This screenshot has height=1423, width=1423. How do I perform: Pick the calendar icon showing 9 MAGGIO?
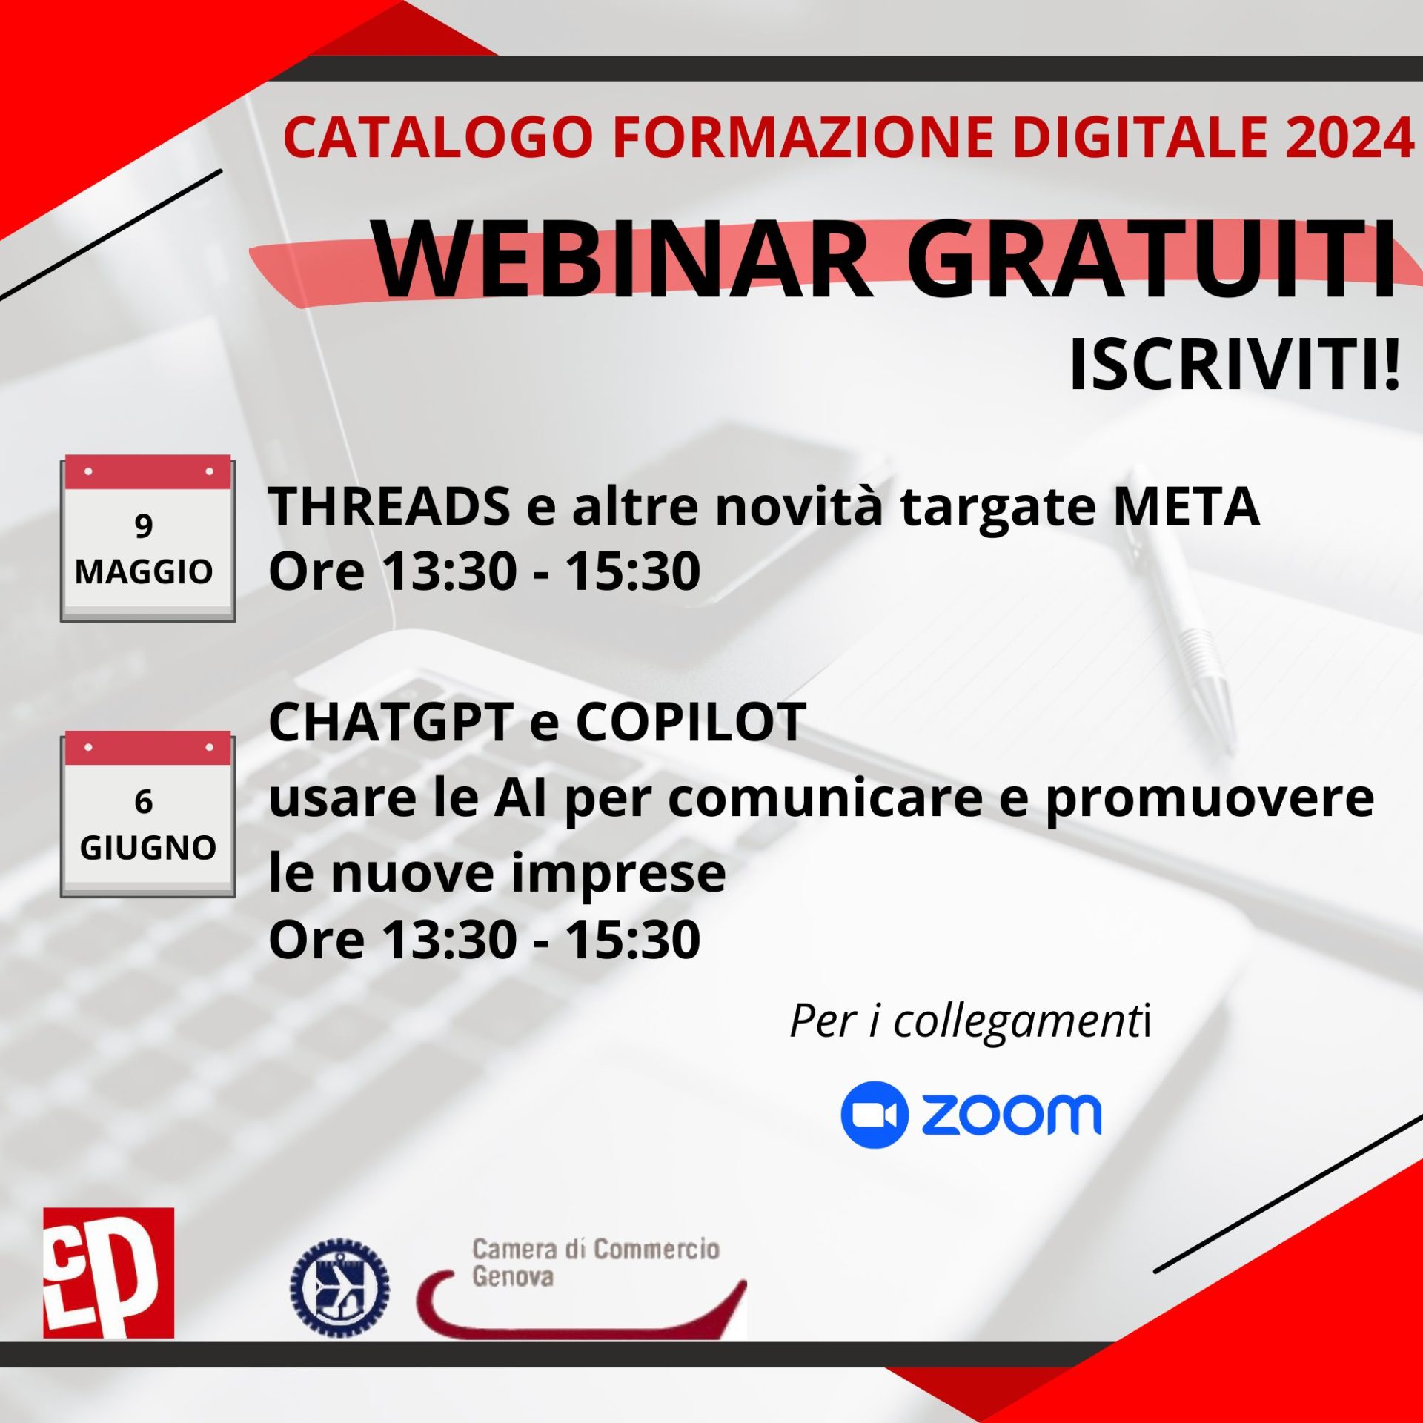tap(147, 538)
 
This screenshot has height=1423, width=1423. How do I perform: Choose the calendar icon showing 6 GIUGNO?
tap(147, 814)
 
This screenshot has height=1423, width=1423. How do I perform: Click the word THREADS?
tap(390, 507)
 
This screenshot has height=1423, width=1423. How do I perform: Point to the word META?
tap(1186, 507)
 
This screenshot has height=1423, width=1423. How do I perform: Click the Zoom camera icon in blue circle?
tap(874, 1115)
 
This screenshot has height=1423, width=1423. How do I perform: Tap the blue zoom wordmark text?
tap(1012, 1115)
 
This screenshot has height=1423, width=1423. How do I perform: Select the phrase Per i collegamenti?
tap(969, 1021)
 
